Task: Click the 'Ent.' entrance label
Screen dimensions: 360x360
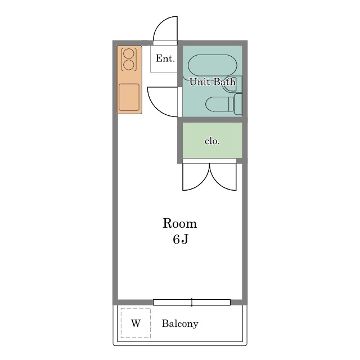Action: tap(165, 58)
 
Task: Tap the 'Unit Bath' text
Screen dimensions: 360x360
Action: tap(213, 82)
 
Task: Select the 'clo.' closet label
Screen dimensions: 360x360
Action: tap(212, 141)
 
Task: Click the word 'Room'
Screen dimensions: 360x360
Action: tap(180, 223)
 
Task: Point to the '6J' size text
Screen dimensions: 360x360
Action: tap(181, 240)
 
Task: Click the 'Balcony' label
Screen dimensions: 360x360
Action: tap(180, 324)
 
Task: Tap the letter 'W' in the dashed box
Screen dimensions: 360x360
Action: tap(136, 323)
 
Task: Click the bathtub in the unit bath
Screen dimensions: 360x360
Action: tap(213, 65)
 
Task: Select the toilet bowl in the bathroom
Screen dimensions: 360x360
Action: tap(219, 104)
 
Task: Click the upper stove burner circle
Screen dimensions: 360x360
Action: tap(129, 54)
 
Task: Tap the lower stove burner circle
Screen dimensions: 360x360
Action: tap(129, 65)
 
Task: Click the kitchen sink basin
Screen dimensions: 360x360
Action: tap(129, 97)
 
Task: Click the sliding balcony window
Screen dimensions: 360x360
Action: tap(192, 303)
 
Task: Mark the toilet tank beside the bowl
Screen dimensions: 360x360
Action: tap(238, 104)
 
